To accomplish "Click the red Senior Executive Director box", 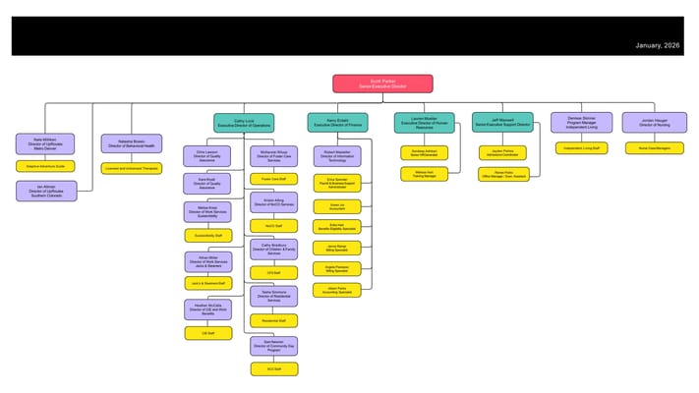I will [x=382, y=84].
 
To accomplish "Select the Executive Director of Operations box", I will [x=244, y=123].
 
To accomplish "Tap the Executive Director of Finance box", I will [x=337, y=123].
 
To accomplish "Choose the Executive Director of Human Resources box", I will [x=424, y=123].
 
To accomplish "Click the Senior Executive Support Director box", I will [x=502, y=123].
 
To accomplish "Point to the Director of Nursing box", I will [x=654, y=123].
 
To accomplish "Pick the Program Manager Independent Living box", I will [x=582, y=123].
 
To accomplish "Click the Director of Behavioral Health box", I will [x=131, y=143].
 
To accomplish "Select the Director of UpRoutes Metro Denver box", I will [x=45, y=143].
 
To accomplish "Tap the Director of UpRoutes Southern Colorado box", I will [x=45, y=191].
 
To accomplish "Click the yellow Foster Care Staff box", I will [x=273, y=179].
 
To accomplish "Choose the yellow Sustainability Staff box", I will [x=208, y=236].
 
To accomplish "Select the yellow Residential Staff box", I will [x=273, y=320].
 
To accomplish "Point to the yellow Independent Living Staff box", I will [x=582, y=148].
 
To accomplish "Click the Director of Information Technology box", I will [x=337, y=155].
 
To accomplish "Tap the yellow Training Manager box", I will [x=424, y=174].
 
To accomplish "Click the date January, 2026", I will [x=658, y=45].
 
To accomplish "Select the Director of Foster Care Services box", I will [x=273, y=155].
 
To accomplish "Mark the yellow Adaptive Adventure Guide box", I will [x=45, y=166].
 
